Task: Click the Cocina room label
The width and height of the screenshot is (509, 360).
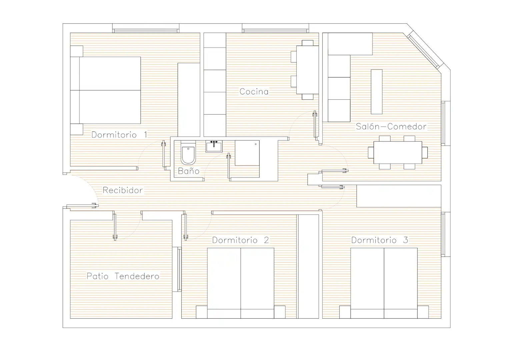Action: (254, 91)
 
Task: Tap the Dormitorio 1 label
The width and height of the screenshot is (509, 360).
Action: (119, 135)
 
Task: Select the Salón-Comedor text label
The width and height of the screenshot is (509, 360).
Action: (391, 126)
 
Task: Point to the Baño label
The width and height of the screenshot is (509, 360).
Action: (189, 171)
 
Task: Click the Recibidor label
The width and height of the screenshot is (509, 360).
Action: (123, 190)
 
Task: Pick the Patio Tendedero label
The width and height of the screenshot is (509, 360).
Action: (123, 276)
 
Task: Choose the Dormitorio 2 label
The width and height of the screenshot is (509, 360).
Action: (241, 240)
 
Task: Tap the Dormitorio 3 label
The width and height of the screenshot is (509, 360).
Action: (380, 240)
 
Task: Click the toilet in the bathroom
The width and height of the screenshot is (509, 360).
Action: (188, 152)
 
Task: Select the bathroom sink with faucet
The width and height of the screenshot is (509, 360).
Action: (214, 146)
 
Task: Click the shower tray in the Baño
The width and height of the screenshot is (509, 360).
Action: (247, 153)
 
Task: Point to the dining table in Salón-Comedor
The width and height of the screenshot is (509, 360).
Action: (398, 152)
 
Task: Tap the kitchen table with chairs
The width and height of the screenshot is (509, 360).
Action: (305, 70)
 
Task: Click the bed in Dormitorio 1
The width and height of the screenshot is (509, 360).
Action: (105, 90)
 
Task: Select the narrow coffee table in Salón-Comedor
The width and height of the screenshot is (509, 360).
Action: (377, 92)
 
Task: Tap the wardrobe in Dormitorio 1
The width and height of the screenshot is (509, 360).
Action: (189, 100)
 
